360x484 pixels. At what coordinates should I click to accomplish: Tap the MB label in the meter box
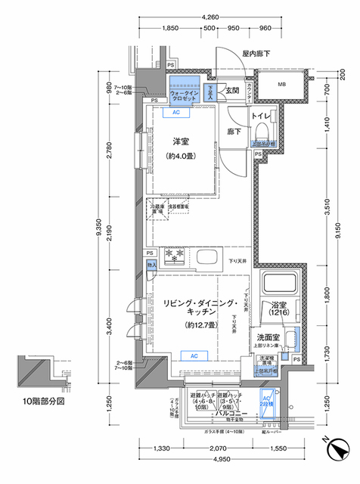(x=281, y=84)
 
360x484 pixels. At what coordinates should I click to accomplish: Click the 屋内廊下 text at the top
(x=256, y=53)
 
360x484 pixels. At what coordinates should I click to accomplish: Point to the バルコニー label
(x=228, y=415)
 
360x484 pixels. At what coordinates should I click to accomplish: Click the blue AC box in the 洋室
(x=176, y=113)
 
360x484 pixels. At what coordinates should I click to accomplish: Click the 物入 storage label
(x=151, y=265)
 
